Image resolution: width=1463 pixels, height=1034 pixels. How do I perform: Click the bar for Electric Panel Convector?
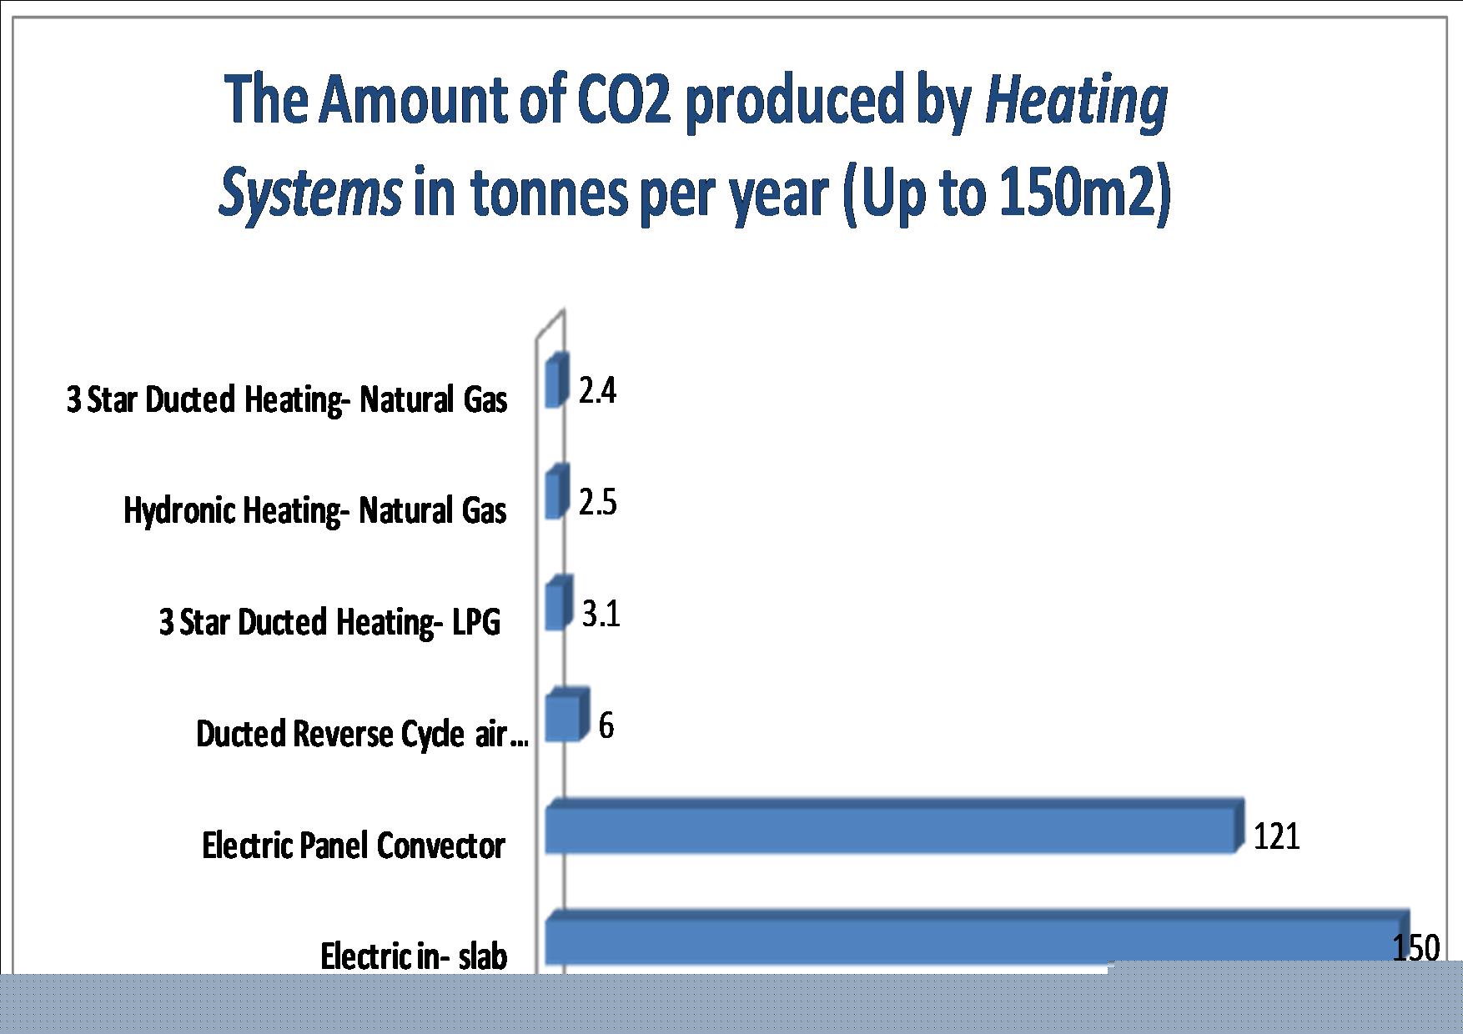pyautogui.click(x=894, y=826)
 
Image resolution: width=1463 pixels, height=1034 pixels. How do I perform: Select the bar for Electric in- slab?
pyautogui.click(x=977, y=939)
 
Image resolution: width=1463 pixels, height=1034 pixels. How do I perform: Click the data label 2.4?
pyautogui.click(x=597, y=390)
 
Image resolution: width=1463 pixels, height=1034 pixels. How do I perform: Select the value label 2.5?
pyautogui.click(x=598, y=503)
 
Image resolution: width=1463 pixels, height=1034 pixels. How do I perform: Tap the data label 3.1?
pyautogui.click(x=601, y=615)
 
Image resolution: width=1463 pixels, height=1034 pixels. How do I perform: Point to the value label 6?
pyautogui.click(x=606, y=725)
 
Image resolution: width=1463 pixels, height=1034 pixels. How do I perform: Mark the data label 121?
pyautogui.click(x=1277, y=836)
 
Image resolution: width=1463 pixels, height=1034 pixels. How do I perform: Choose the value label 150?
pyautogui.click(x=1416, y=948)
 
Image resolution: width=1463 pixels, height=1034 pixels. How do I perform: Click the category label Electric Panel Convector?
pyautogui.click(x=354, y=846)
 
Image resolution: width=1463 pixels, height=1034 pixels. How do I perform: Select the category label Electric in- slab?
pyautogui.click(x=414, y=956)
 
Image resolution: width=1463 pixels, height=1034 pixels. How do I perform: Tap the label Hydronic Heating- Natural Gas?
pyautogui.click(x=315, y=510)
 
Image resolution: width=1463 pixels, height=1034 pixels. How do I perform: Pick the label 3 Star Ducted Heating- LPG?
pyautogui.click(x=330, y=622)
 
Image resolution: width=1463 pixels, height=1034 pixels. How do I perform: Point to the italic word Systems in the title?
pyautogui.click(x=310, y=193)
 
